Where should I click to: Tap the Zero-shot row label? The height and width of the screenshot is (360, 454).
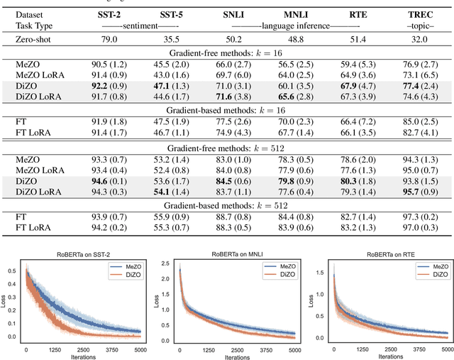(x=36, y=40)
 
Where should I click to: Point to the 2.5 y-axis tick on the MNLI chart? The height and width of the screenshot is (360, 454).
(x=170, y=263)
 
